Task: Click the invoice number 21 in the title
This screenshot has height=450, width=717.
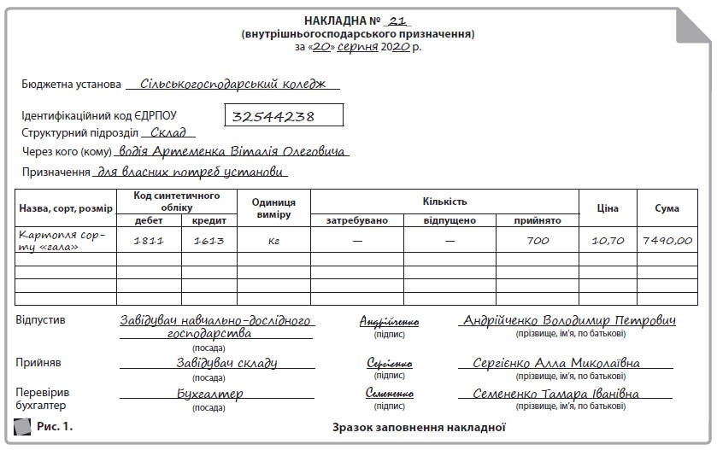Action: pos(395,20)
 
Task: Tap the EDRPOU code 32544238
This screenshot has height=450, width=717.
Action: pos(273,115)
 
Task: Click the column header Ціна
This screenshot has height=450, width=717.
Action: pos(608,207)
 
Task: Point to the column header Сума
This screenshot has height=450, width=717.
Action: pos(667,207)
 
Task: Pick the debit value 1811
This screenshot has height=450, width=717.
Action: pos(149,241)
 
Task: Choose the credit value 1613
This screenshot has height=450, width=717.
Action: pos(209,241)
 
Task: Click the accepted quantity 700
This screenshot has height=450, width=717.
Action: pos(538,241)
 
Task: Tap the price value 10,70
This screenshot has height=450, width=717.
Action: pos(608,241)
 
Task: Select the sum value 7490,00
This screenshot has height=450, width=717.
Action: pos(667,241)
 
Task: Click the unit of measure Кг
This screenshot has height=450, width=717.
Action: pos(274,241)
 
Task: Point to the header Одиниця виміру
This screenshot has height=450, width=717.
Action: pos(274,207)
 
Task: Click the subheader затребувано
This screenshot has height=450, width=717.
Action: pos(357,220)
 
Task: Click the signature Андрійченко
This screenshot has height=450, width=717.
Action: pos(389,323)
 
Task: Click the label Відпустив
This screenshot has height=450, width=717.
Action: pos(40,320)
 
